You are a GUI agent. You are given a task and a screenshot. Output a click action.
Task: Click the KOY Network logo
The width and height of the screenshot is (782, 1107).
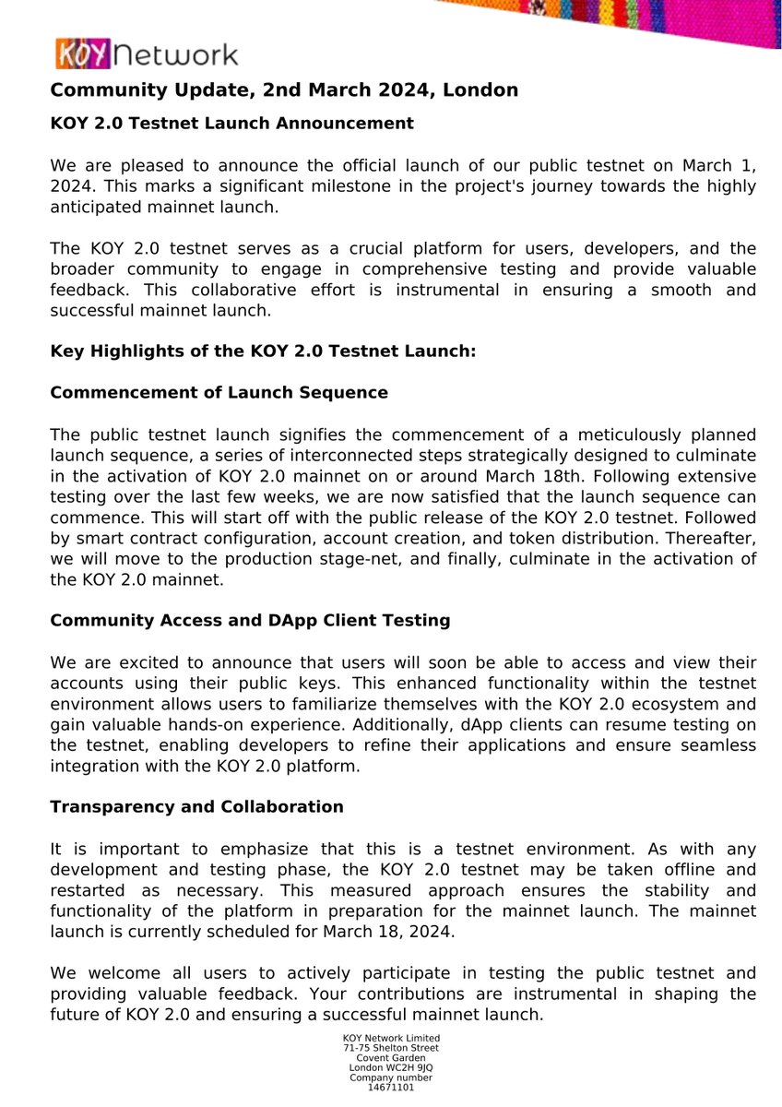point(145,54)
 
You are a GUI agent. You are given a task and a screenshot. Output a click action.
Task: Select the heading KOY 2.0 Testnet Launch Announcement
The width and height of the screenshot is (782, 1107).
point(231,123)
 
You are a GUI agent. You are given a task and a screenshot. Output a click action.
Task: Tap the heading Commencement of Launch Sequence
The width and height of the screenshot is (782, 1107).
point(219,392)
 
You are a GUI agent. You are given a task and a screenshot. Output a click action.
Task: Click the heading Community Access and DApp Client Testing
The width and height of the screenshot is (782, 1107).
point(250,620)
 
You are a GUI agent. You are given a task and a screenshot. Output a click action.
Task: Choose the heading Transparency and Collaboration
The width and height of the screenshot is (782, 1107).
point(196,806)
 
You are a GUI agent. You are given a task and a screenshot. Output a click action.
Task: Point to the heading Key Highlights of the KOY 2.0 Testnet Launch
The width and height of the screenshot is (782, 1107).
point(262,351)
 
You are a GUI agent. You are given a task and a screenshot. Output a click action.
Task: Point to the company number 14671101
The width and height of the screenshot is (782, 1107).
point(391,1088)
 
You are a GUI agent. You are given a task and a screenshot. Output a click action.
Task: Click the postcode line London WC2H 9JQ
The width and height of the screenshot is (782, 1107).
point(391,1067)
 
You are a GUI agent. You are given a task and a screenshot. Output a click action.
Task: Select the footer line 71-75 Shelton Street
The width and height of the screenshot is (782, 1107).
point(391,1047)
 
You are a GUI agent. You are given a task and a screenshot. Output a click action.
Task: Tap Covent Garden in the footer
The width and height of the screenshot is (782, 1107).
point(391,1057)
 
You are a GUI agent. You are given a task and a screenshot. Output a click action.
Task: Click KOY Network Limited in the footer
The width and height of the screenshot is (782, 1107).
point(391,1038)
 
